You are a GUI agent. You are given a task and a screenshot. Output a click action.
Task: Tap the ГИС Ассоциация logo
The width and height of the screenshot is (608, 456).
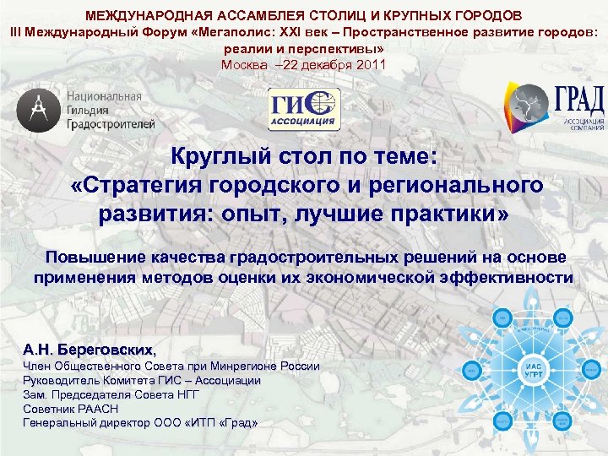pyautogui.click(x=304, y=110)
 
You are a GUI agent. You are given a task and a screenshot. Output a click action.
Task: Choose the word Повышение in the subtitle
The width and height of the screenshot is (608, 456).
pyautogui.click(x=90, y=257)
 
